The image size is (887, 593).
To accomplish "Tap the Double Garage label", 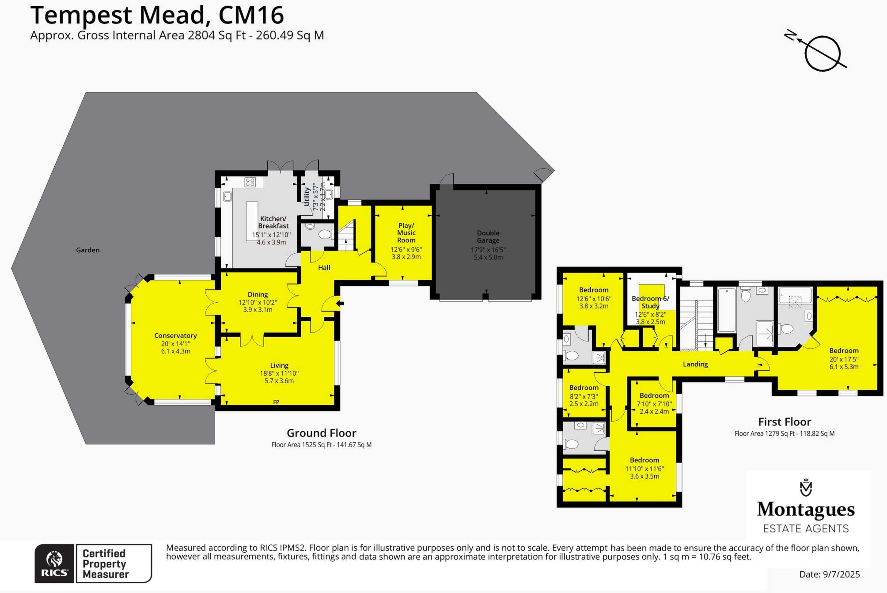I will (488, 236).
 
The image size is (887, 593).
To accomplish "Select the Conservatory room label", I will (175, 336).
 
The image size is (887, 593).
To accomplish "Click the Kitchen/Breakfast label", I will (273, 222).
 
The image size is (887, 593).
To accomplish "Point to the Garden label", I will (88, 250).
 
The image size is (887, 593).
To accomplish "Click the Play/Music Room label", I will (406, 233).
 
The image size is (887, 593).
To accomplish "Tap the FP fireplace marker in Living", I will (276, 402).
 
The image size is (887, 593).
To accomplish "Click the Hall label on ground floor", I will (324, 268).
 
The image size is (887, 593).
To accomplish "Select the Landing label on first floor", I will (695, 364).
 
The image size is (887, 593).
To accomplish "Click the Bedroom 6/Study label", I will (650, 302).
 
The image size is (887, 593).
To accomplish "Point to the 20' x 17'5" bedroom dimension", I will (844, 359).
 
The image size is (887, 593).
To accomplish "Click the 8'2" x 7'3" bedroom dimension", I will (584, 396).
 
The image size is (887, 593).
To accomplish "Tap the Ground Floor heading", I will (321, 433).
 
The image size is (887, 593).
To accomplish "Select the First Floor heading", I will (785, 422).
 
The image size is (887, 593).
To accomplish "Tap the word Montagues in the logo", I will (806, 510).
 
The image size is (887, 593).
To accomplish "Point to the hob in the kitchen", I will (250, 182).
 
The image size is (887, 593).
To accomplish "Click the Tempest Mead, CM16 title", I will (157, 15).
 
